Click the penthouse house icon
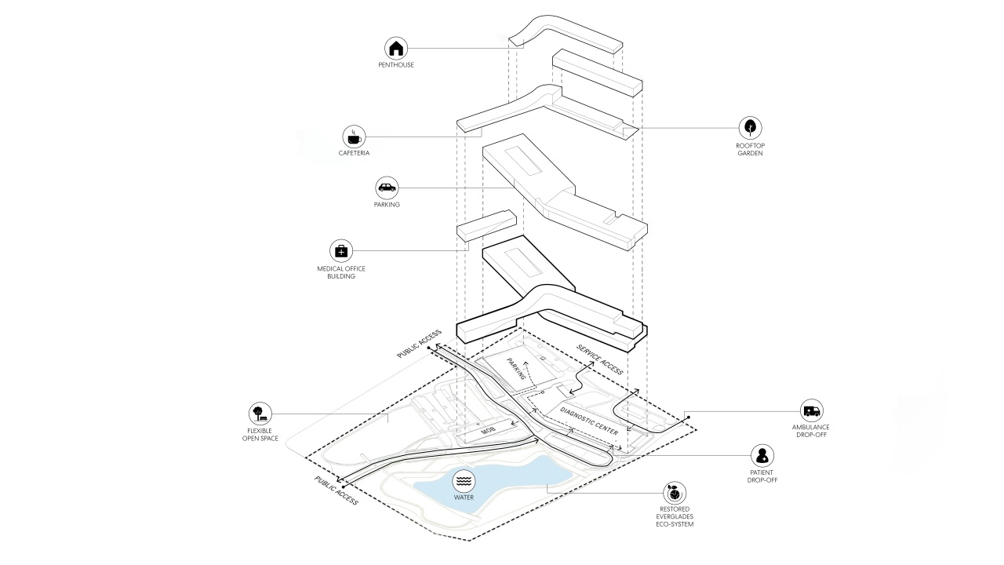click(x=396, y=48)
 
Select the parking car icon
click(x=387, y=188)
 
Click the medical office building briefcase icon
click(x=341, y=250)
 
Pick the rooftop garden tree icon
click(x=751, y=128)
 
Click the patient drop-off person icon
click(x=762, y=455)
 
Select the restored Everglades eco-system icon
click(x=674, y=493)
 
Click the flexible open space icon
click(x=260, y=414)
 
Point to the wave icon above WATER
click(x=464, y=479)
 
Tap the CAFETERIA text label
click(x=354, y=153)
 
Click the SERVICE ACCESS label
click(x=600, y=359)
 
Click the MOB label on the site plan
click(x=489, y=430)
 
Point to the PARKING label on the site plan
click(x=515, y=371)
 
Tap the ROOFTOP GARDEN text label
click(x=751, y=149)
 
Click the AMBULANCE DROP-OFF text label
click(x=811, y=431)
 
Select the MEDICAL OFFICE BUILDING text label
click(x=341, y=272)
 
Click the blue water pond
click(x=502, y=483)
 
